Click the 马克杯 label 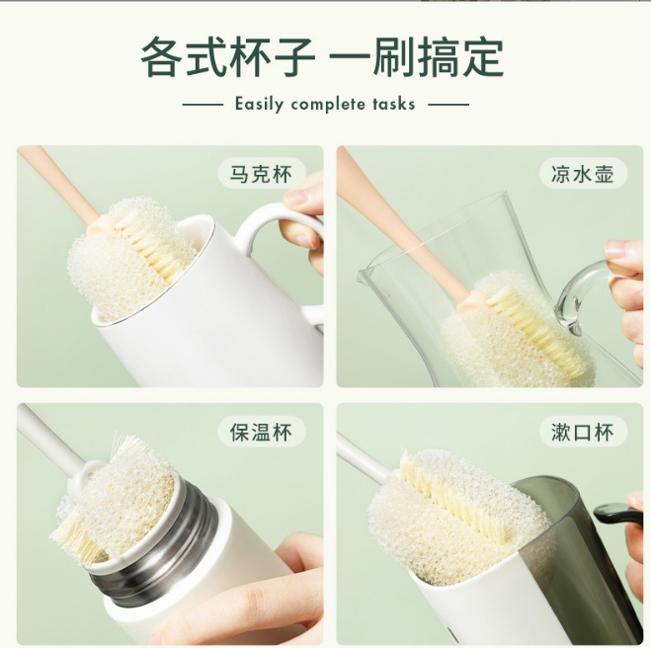tap(262, 175)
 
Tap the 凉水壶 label tap(583, 175)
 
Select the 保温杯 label tap(262, 432)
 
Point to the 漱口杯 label tap(583, 432)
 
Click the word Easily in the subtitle tap(259, 104)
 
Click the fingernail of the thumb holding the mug tap(298, 198)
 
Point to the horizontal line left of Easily tap(203, 104)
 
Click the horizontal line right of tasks tap(448, 104)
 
